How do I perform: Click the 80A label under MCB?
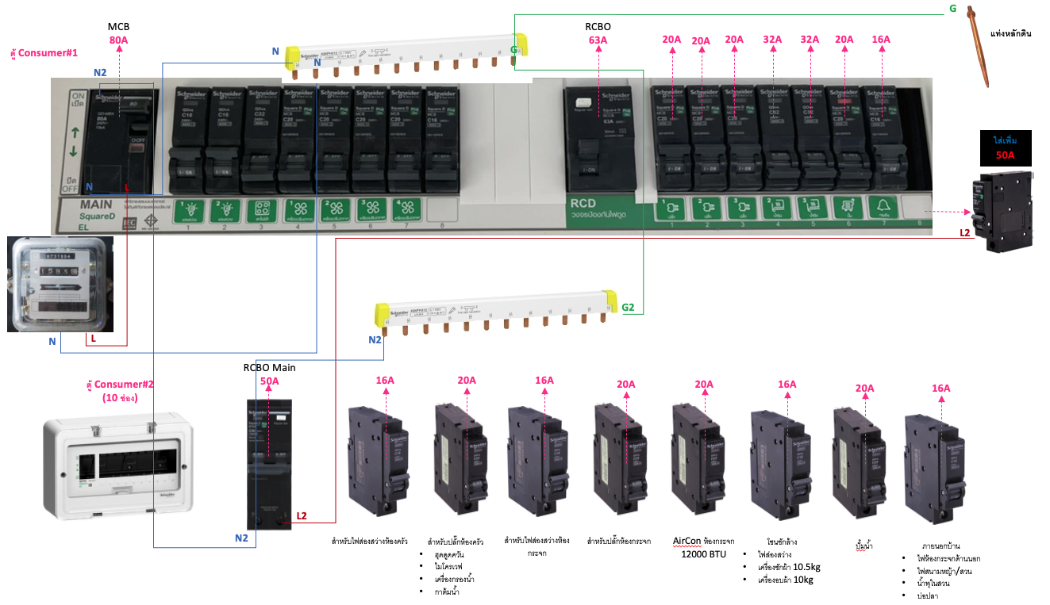(x=118, y=40)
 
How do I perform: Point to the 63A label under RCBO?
(x=598, y=40)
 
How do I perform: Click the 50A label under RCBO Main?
(x=269, y=381)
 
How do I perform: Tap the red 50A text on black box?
(x=1005, y=155)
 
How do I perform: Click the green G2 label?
(x=628, y=307)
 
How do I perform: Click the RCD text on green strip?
(x=583, y=204)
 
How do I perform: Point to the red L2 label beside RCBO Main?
(x=302, y=516)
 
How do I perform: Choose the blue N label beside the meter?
(x=52, y=341)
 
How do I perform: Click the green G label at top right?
(x=952, y=9)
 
